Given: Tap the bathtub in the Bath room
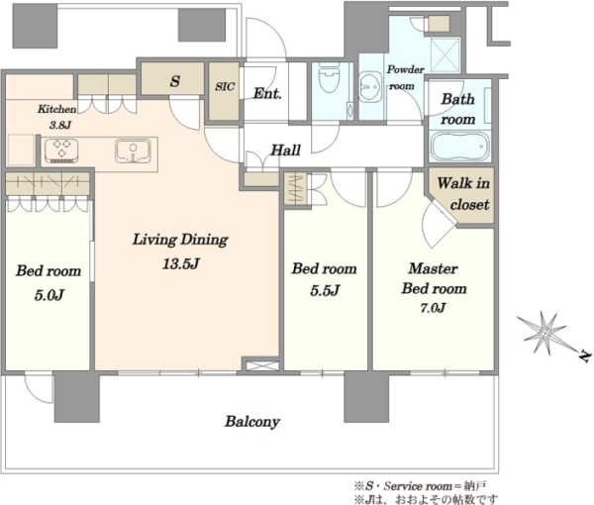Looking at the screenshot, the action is [x=458, y=147].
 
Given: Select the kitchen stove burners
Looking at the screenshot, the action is [x=61, y=151].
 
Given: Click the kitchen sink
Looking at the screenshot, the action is [x=133, y=151].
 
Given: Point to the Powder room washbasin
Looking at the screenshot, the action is [x=369, y=87].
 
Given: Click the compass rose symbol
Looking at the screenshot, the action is [x=545, y=334].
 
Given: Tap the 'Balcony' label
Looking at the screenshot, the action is [x=252, y=421].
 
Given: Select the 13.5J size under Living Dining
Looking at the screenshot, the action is [x=181, y=263].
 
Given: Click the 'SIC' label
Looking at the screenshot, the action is [x=225, y=87].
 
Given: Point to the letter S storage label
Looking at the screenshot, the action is [x=174, y=81].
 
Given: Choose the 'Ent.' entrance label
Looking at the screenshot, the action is [x=267, y=93].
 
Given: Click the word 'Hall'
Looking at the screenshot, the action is [x=286, y=151].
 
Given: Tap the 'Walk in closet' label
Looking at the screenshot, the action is [x=463, y=194].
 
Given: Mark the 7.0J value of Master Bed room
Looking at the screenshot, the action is [x=433, y=308].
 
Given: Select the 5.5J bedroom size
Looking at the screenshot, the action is [x=325, y=290].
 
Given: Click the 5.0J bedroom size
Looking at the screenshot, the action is [x=49, y=295].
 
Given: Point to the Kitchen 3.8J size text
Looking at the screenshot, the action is [x=59, y=125].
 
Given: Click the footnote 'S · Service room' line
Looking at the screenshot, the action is [x=420, y=485].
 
